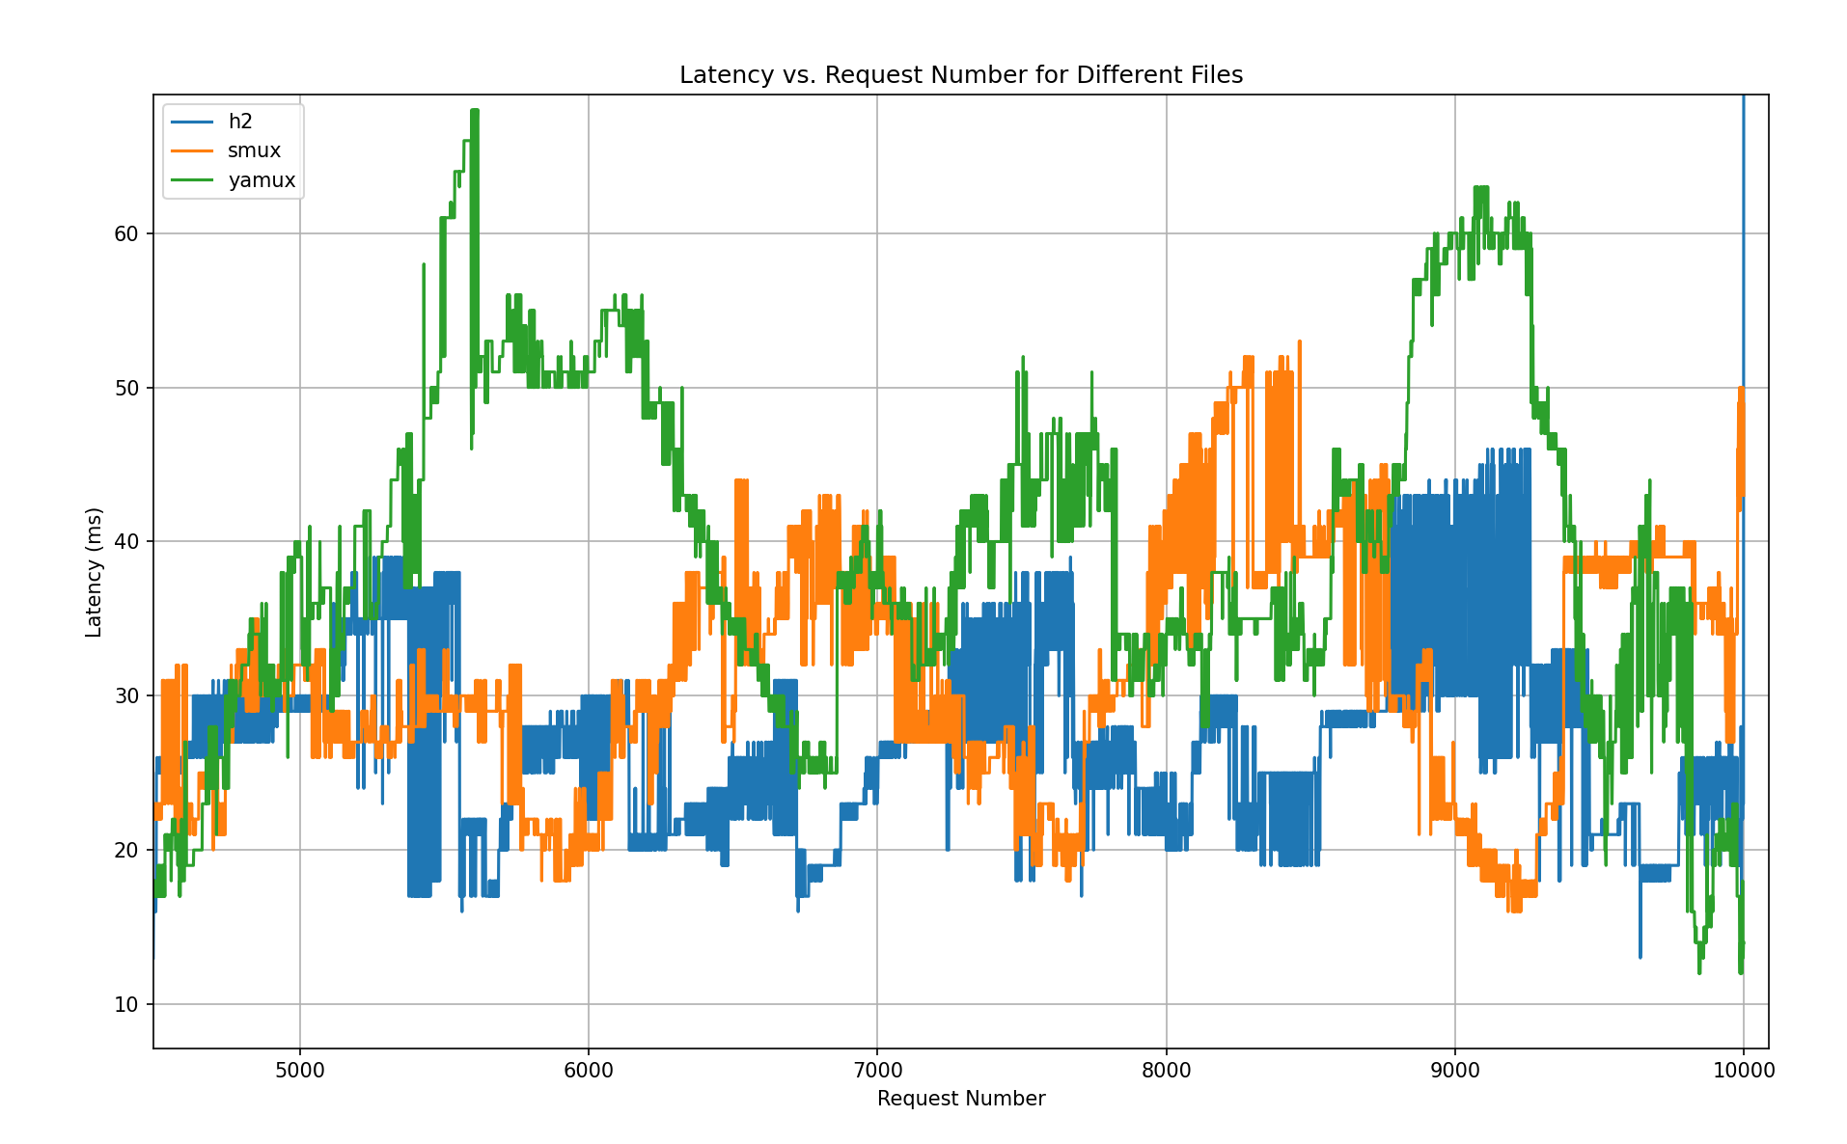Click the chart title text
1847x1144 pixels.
click(960, 75)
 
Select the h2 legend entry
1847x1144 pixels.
click(240, 122)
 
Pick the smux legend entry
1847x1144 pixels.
click(254, 150)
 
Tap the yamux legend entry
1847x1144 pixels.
click(262, 180)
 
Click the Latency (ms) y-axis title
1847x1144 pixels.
click(94, 572)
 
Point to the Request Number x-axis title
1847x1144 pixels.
click(960, 1099)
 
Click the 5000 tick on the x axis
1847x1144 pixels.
click(299, 1070)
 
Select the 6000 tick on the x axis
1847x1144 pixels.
click(588, 1070)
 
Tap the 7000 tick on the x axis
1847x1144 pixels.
click(877, 1070)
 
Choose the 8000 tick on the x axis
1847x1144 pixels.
click(1166, 1070)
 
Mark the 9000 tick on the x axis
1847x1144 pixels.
click(1454, 1070)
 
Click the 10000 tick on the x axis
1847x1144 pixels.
click(1743, 1070)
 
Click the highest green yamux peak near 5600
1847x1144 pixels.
click(474, 111)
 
